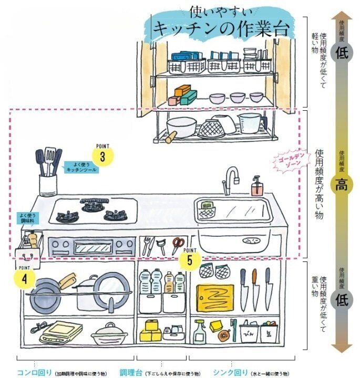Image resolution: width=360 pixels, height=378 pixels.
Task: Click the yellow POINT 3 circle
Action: [103, 156]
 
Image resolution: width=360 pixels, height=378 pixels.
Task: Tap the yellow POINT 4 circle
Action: [25, 278]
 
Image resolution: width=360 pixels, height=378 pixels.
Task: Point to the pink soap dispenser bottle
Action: [256, 186]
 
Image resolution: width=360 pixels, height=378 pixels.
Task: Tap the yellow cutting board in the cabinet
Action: [215, 298]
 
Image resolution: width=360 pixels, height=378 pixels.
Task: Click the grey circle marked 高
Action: [342, 184]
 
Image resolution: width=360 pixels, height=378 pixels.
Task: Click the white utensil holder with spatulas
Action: [48, 184]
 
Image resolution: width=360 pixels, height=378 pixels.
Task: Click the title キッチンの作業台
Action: [220, 27]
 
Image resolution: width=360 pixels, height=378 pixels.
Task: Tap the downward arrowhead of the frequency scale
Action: [342, 348]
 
